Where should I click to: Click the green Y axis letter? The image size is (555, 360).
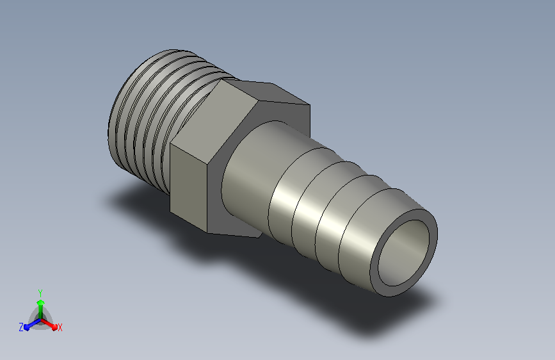pyautogui.click(x=40, y=293)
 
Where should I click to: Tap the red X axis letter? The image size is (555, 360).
pyautogui.click(x=60, y=327)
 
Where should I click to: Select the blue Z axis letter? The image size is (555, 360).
pyautogui.click(x=21, y=327)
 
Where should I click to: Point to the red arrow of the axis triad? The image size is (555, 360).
pyautogui.click(x=49, y=324)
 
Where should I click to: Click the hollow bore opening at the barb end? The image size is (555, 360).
pyautogui.click(x=404, y=252)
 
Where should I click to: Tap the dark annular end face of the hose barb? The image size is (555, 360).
pyautogui.click(x=374, y=269)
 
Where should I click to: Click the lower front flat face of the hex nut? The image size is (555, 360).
pyautogui.click(x=188, y=187)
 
